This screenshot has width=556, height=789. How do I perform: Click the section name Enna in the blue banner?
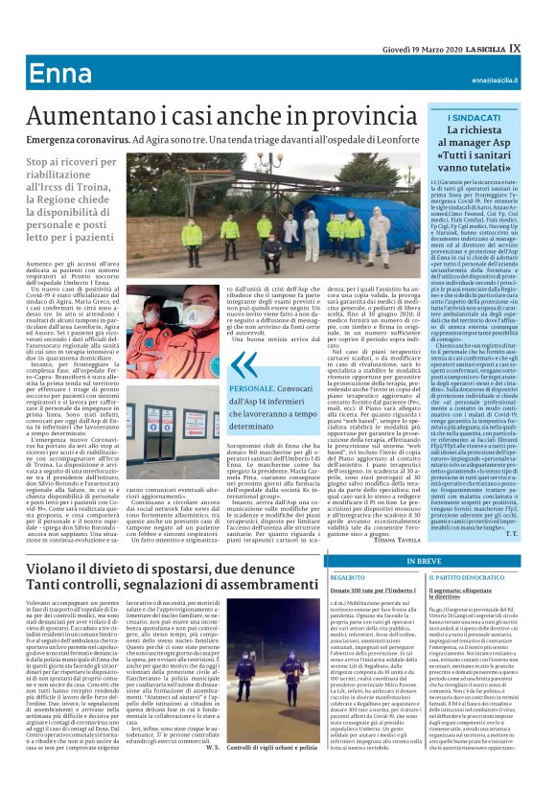(60, 75)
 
